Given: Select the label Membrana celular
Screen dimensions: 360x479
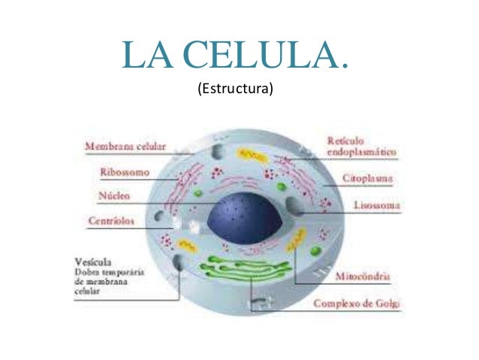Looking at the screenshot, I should pos(126,147).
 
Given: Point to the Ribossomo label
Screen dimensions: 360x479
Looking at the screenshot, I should pos(125,172).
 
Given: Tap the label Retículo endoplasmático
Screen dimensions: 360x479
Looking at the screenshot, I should pos(362,147).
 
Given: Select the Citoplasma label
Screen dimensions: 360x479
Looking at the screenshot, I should pos(370,180).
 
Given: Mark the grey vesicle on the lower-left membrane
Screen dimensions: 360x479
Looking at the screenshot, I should pos(179,263).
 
